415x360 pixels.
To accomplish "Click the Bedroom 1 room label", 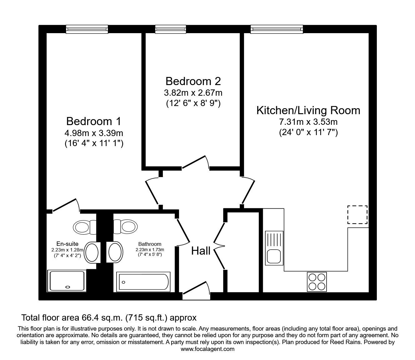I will click(x=93, y=121).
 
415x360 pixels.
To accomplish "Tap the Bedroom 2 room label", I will click(x=193, y=81).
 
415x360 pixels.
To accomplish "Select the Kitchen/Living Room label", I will click(x=308, y=110).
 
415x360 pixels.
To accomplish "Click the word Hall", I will click(x=201, y=251).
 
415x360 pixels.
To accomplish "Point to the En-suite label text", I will click(x=67, y=244).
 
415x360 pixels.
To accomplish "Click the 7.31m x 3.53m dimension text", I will click(x=308, y=122).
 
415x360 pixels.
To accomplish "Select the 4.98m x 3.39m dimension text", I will click(x=93, y=133).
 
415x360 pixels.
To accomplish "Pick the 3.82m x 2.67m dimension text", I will click(x=193, y=93).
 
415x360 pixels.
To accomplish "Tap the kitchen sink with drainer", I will click(x=274, y=247).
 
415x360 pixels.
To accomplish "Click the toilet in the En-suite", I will click(x=84, y=226).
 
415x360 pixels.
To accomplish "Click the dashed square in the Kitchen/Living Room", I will click(x=357, y=215).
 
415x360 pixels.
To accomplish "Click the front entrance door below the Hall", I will click(x=196, y=291).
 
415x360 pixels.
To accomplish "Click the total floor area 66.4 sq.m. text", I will click(x=109, y=318).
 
